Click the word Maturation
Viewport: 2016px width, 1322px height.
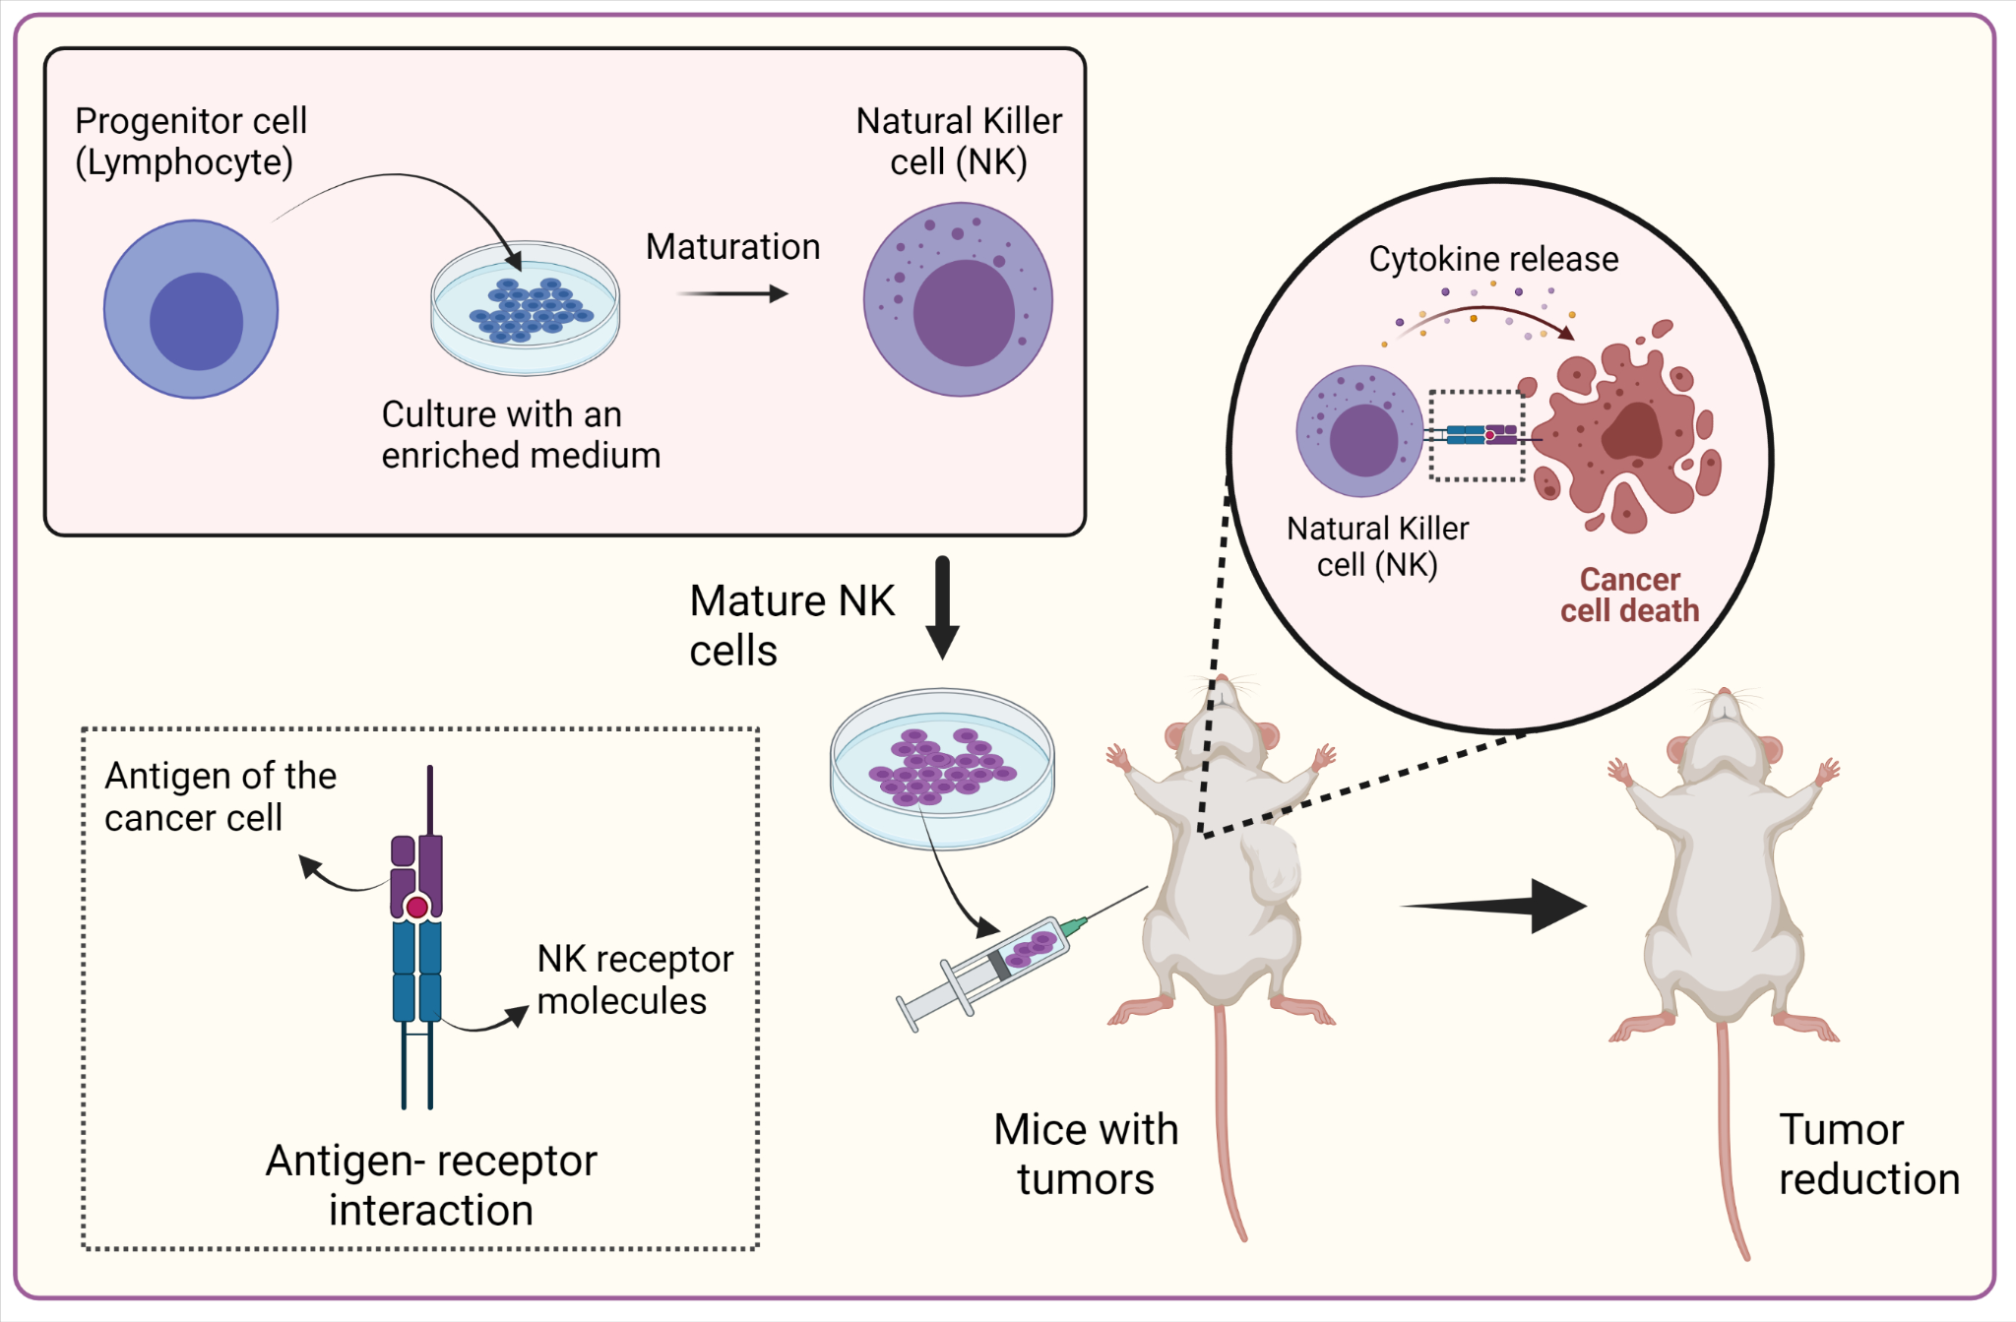(732, 247)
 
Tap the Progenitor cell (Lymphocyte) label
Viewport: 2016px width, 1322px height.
(191, 142)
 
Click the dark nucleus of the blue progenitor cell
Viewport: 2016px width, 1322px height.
(197, 321)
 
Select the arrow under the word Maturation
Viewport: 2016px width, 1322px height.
(732, 293)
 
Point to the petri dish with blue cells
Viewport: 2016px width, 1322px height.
(526, 308)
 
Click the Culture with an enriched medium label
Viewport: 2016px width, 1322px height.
(520, 435)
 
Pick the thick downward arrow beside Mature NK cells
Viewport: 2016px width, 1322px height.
(942, 606)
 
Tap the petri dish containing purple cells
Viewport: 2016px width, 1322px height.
(942, 768)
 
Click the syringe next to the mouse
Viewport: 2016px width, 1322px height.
(994, 970)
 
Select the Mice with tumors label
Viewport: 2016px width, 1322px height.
(1086, 1154)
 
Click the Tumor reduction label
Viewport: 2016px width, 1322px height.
(1867, 1154)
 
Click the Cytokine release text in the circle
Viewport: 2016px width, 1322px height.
(1493, 259)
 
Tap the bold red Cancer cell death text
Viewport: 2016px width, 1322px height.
(1629, 596)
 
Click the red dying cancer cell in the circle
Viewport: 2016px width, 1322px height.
(1629, 433)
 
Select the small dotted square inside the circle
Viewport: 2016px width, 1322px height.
(1477, 435)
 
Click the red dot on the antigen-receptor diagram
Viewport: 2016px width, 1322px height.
(417, 907)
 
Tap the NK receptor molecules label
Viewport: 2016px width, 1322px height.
(635, 979)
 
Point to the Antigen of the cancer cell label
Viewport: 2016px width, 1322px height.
(220, 796)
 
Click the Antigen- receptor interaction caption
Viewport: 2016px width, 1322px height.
(431, 1185)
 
